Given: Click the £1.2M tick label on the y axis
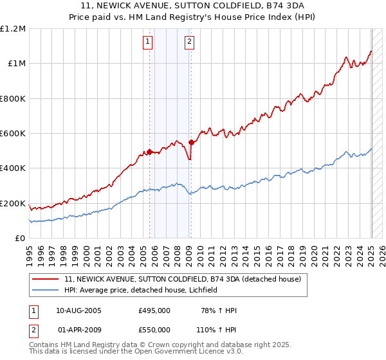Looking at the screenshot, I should pyautogui.click(x=13, y=28).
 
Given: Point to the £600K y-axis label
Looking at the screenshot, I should pyautogui.click(x=13, y=134).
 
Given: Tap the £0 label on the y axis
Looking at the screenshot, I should pyautogui.click(x=21, y=239).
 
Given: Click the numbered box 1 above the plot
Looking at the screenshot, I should pyautogui.click(x=148, y=42).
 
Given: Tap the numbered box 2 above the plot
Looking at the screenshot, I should pyautogui.click(x=190, y=42).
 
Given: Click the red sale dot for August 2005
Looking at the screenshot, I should pyautogui.click(x=150, y=152).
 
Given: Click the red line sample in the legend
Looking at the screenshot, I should pyautogui.click(x=46, y=280).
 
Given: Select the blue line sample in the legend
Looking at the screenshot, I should pyautogui.click(x=46, y=290).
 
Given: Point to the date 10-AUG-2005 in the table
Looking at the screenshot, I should pyautogui.click(x=79, y=310).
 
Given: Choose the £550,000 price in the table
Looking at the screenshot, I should pyautogui.click(x=154, y=329).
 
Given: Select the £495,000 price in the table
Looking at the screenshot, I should pyautogui.click(x=154, y=310).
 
